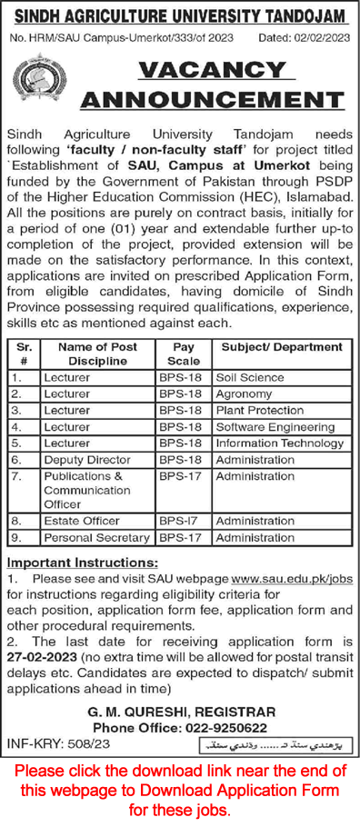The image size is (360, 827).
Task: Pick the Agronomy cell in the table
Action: coord(244,394)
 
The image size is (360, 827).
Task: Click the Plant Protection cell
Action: coord(259,410)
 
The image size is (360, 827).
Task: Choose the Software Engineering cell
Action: coord(275,426)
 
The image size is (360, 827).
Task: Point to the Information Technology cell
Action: coord(278,443)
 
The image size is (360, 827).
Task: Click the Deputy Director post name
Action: coord(85,460)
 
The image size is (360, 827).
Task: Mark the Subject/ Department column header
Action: coord(278,347)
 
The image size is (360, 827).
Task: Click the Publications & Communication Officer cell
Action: coord(84,490)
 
